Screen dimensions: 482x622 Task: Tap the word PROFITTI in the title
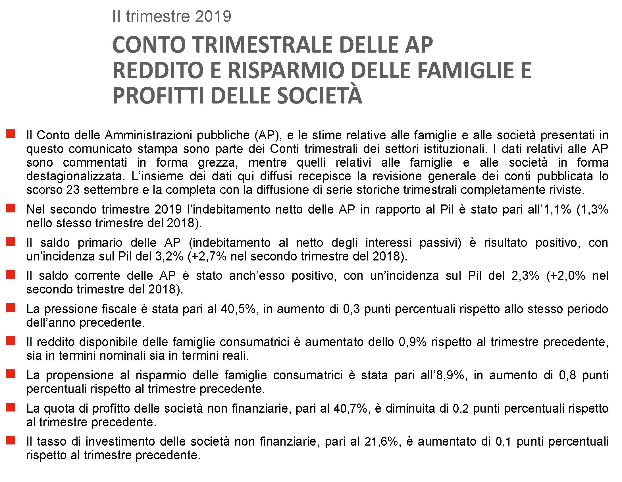[158, 96]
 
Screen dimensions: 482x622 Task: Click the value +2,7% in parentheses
[207, 256]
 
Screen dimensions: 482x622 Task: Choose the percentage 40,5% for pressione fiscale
[238, 309]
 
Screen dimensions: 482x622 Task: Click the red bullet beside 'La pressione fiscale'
[10, 308]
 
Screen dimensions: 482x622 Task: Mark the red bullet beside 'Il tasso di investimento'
[10, 440]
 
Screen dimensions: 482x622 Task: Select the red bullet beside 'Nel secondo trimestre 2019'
[10, 208]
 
